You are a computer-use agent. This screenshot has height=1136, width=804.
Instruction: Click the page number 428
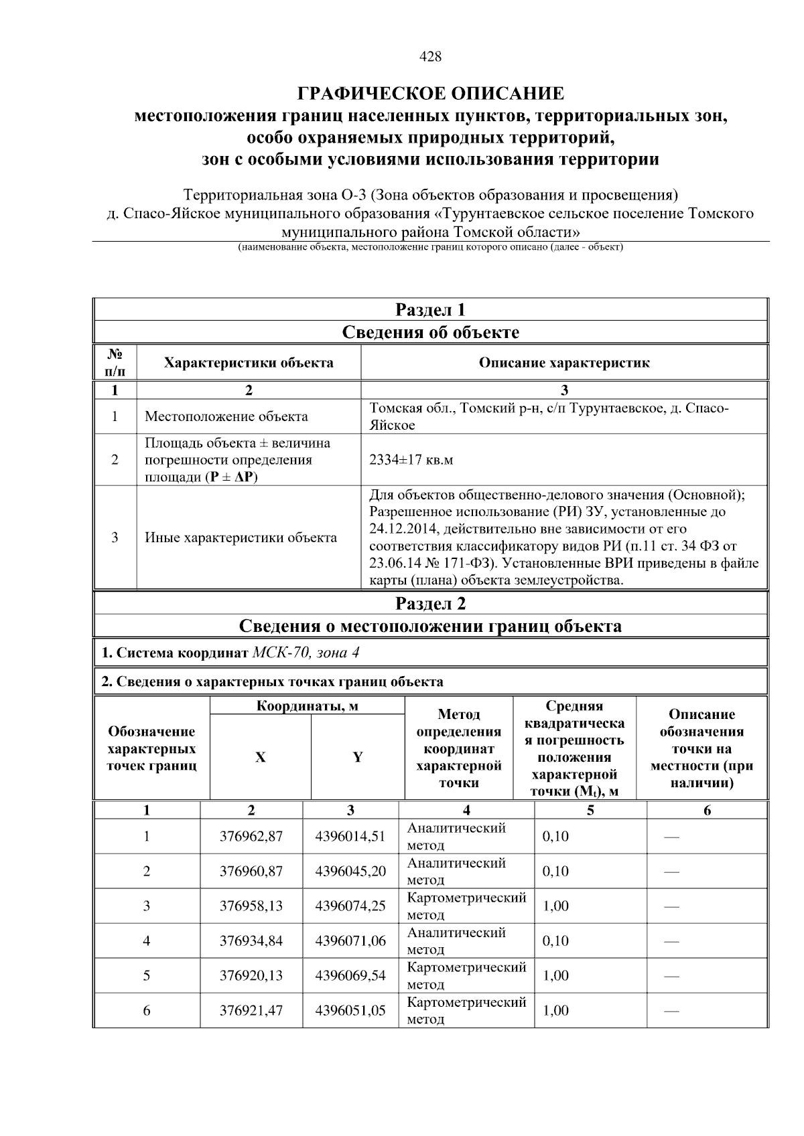430,57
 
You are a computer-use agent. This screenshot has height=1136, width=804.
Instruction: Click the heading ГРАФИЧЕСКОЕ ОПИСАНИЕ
430,93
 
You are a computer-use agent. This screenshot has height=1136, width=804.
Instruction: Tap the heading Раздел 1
430,310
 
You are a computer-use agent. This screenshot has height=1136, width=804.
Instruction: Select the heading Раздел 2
430,604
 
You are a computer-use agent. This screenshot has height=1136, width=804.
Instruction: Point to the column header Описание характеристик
564,363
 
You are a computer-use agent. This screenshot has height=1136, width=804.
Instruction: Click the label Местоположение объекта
226,416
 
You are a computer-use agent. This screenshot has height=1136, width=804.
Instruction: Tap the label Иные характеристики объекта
241,538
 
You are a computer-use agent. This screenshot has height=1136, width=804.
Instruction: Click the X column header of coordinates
260,757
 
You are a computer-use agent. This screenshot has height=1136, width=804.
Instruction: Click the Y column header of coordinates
358,757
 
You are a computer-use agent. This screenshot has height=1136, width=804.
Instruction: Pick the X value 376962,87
251,836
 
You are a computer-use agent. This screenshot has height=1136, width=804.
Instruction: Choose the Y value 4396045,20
350,871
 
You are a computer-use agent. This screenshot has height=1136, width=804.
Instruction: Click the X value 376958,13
251,906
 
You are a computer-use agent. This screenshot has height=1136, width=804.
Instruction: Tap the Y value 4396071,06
350,941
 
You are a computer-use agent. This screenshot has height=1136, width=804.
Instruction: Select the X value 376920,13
251,975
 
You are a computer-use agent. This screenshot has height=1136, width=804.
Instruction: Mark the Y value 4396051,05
350,1010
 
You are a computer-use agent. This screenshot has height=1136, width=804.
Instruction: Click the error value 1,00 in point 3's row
555,906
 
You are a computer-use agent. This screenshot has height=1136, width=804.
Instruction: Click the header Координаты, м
308,706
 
